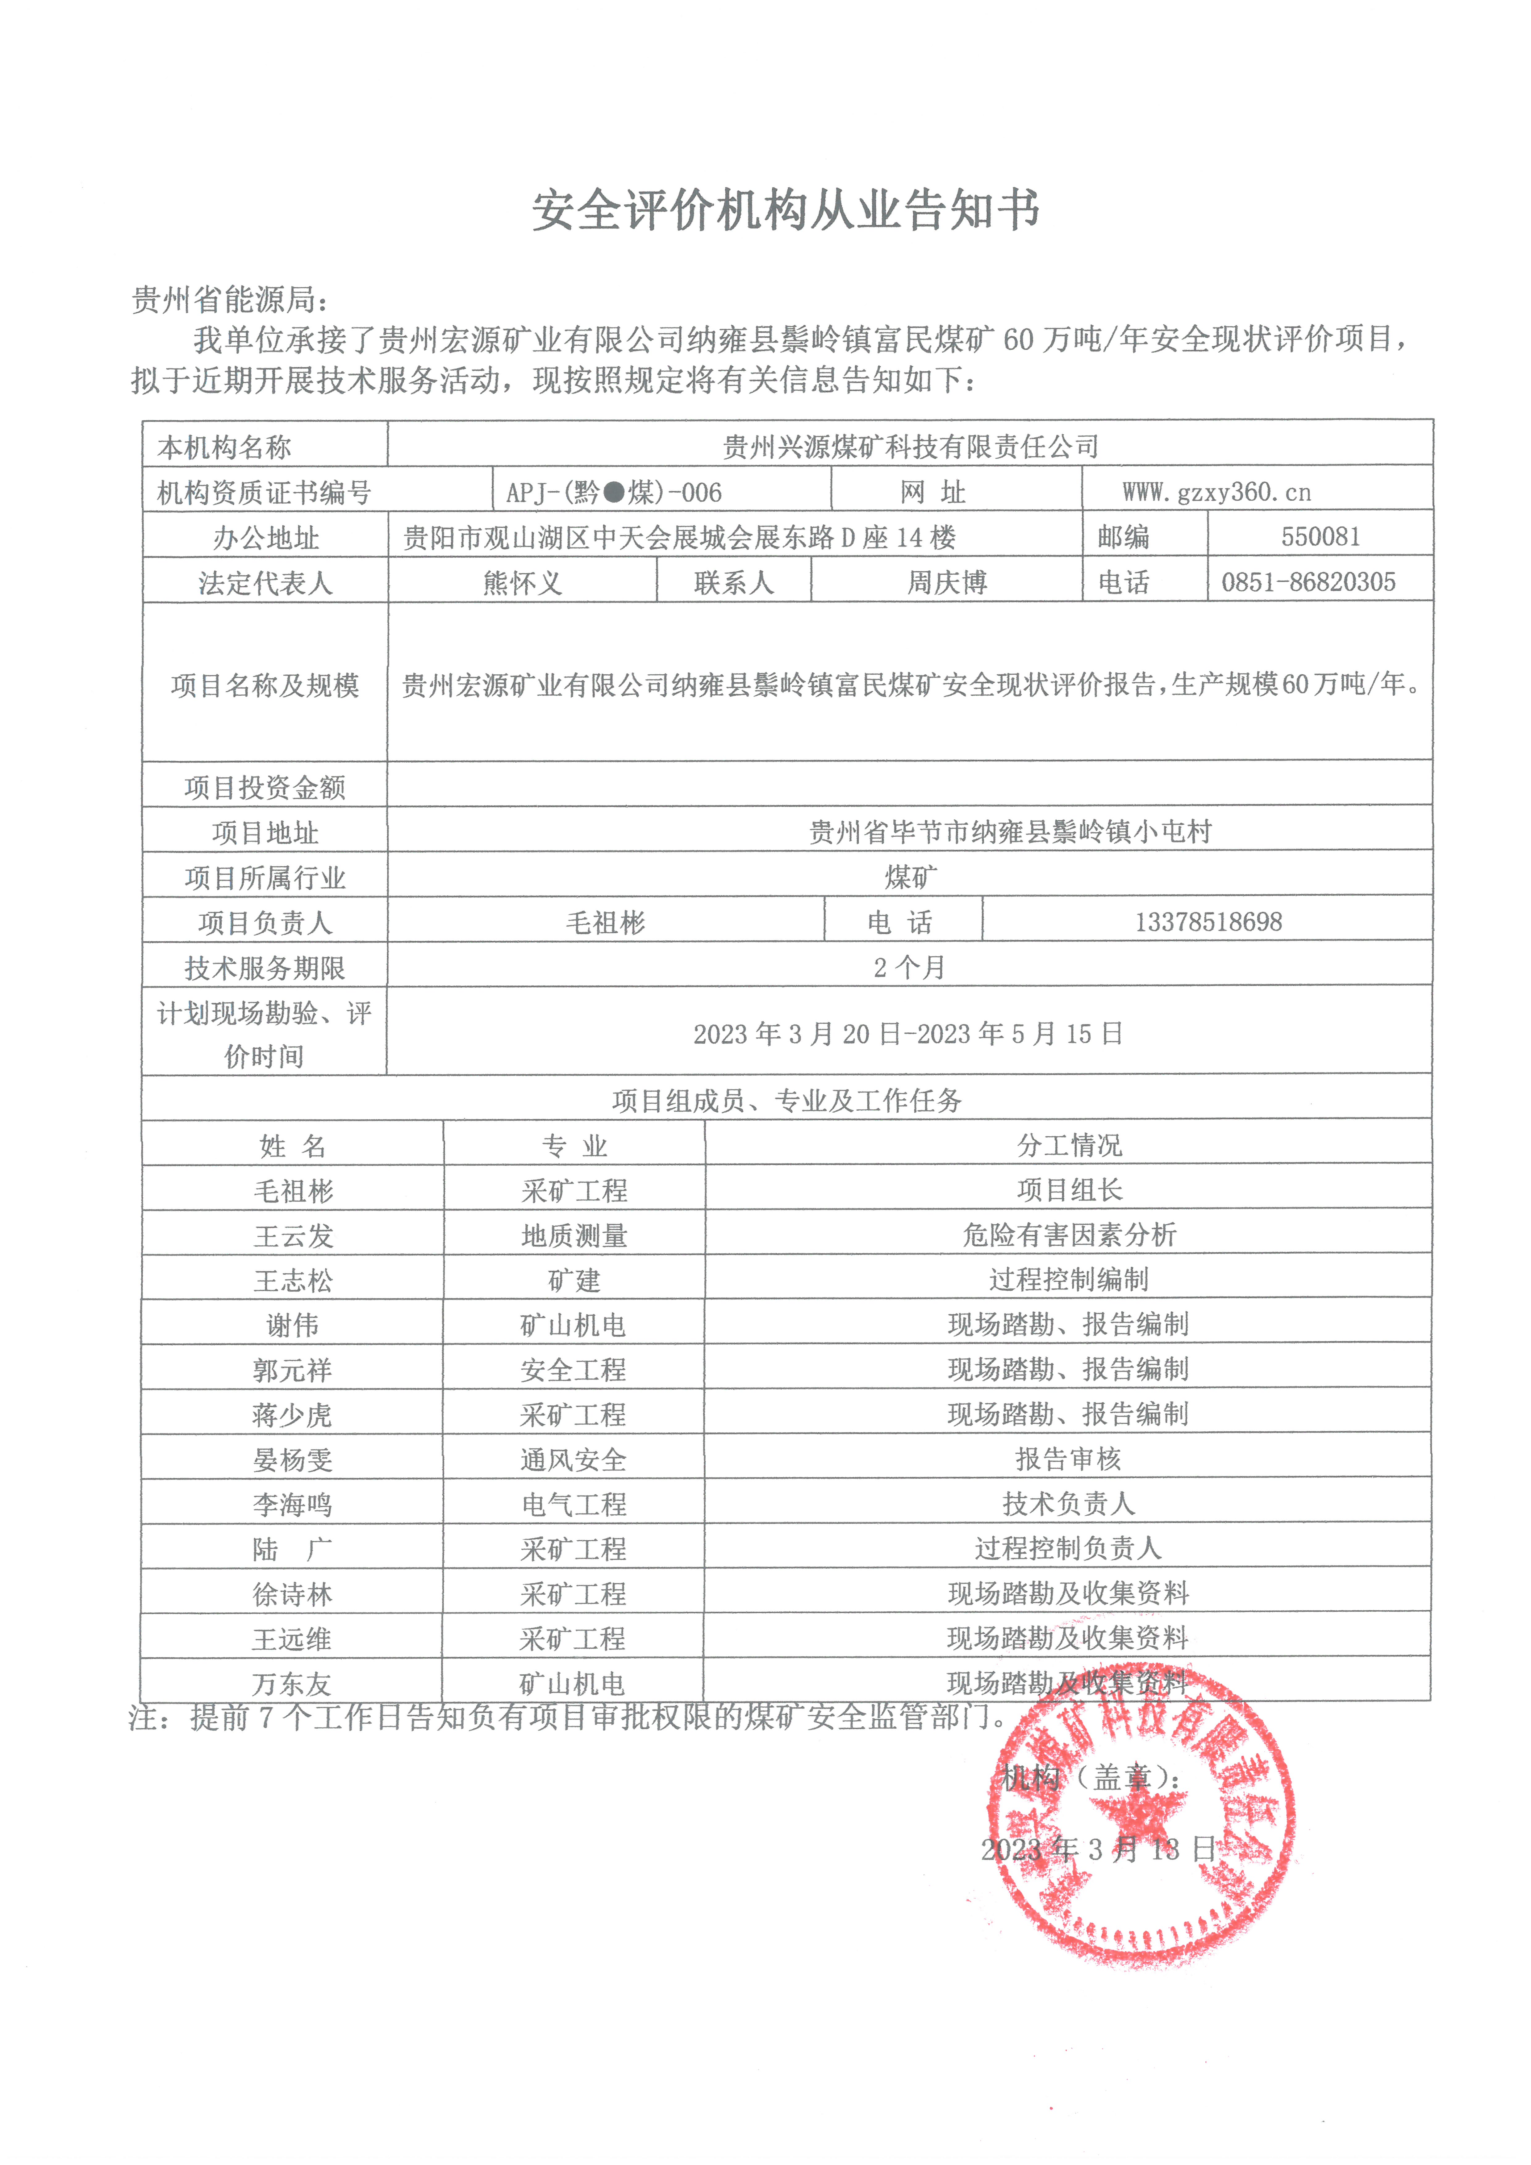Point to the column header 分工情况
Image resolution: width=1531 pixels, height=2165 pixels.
coord(1069,1145)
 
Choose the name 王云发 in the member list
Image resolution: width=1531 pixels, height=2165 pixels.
coord(292,1235)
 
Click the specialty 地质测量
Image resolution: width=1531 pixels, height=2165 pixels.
coord(574,1235)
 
